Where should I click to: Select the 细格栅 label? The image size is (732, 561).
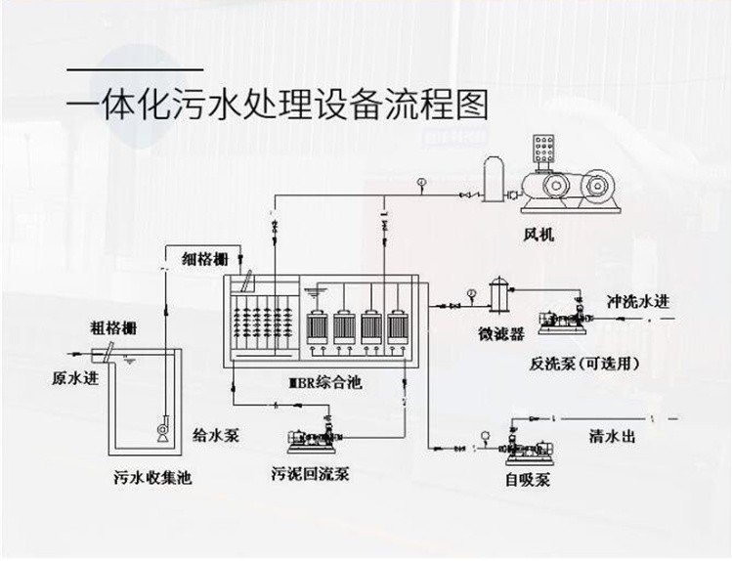pos(205,258)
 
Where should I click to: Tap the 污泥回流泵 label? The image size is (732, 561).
pos(310,476)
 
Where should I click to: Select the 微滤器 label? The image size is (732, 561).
pos(501,335)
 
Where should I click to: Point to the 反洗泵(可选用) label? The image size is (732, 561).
pos(584,364)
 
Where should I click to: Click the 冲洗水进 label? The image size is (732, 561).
pos(639,299)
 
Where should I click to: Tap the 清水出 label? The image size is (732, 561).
pos(613,436)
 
